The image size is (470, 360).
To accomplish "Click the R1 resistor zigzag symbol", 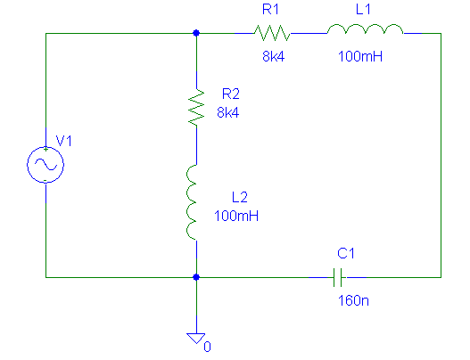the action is point(272,33).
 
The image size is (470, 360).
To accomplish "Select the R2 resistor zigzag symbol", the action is point(196,107).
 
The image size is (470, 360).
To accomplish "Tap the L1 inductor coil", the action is point(365,29).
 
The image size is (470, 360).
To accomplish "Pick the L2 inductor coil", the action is point(192,202).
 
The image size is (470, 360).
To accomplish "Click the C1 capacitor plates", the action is point(338,278).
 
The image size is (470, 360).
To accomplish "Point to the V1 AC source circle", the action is point(45,165).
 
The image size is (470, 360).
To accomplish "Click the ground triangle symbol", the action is point(196,338).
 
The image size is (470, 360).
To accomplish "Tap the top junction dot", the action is point(196,33).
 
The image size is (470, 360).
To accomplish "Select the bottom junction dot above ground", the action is point(196,277).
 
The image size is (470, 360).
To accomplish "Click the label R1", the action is point(270,9).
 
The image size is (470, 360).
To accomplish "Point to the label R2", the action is point(230,94).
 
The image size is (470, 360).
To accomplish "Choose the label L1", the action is point(363,9).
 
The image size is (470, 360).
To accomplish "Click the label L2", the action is point(240,197).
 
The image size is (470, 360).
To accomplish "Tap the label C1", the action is point(346,253).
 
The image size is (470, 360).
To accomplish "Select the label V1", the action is point(64,141).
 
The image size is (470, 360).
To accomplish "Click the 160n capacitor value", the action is point(353,300).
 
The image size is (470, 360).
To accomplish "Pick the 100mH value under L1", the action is point(360,56).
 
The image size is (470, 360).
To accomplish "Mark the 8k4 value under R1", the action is point(274,56).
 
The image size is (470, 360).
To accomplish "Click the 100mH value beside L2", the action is point(236,216).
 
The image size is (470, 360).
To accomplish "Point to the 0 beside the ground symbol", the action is point(208,347).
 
